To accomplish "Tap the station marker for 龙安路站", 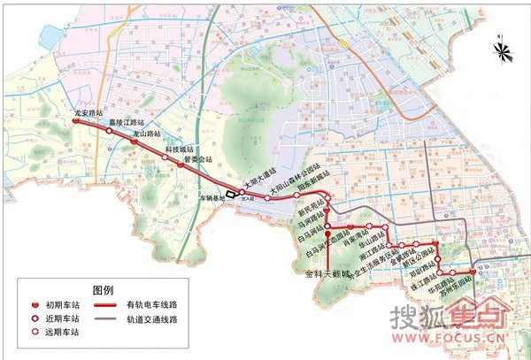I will (x=75, y=122).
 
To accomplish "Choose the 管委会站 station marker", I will (x=180, y=165).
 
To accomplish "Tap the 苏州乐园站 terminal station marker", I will (x=473, y=273).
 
